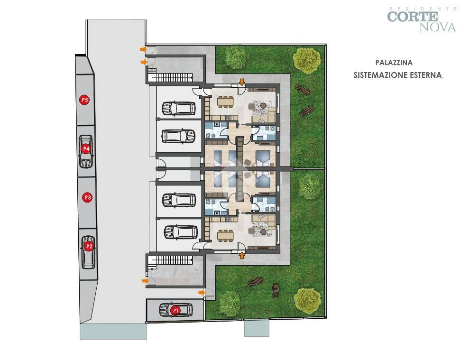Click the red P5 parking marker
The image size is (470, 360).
[85, 100]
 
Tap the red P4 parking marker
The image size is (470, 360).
[86, 148]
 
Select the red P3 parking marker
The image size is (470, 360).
[88, 197]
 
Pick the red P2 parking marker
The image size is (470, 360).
[89, 246]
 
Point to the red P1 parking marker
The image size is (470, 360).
[175, 310]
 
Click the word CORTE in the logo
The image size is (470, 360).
[413, 17]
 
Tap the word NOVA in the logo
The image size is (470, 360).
[438, 27]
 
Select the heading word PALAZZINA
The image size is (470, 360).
[394, 63]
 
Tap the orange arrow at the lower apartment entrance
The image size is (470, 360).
[242, 255]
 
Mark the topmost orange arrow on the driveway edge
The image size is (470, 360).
[143, 49]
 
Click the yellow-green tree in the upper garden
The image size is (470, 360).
[307, 60]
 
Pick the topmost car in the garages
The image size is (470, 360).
[179, 108]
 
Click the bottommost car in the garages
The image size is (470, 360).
[181, 232]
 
